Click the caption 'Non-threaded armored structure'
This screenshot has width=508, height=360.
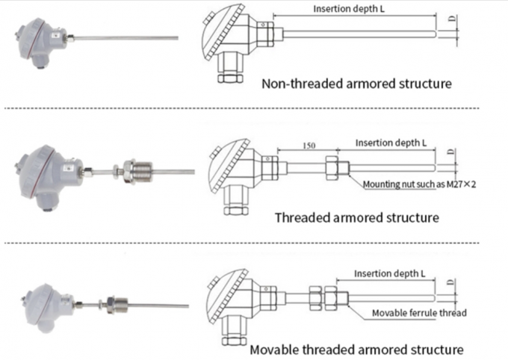(356, 84)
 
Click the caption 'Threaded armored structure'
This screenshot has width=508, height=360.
(356, 218)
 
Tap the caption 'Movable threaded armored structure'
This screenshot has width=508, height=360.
(356, 350)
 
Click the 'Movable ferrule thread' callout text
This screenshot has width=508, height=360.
(419, 313)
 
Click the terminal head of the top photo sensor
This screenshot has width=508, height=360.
(34, 41)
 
